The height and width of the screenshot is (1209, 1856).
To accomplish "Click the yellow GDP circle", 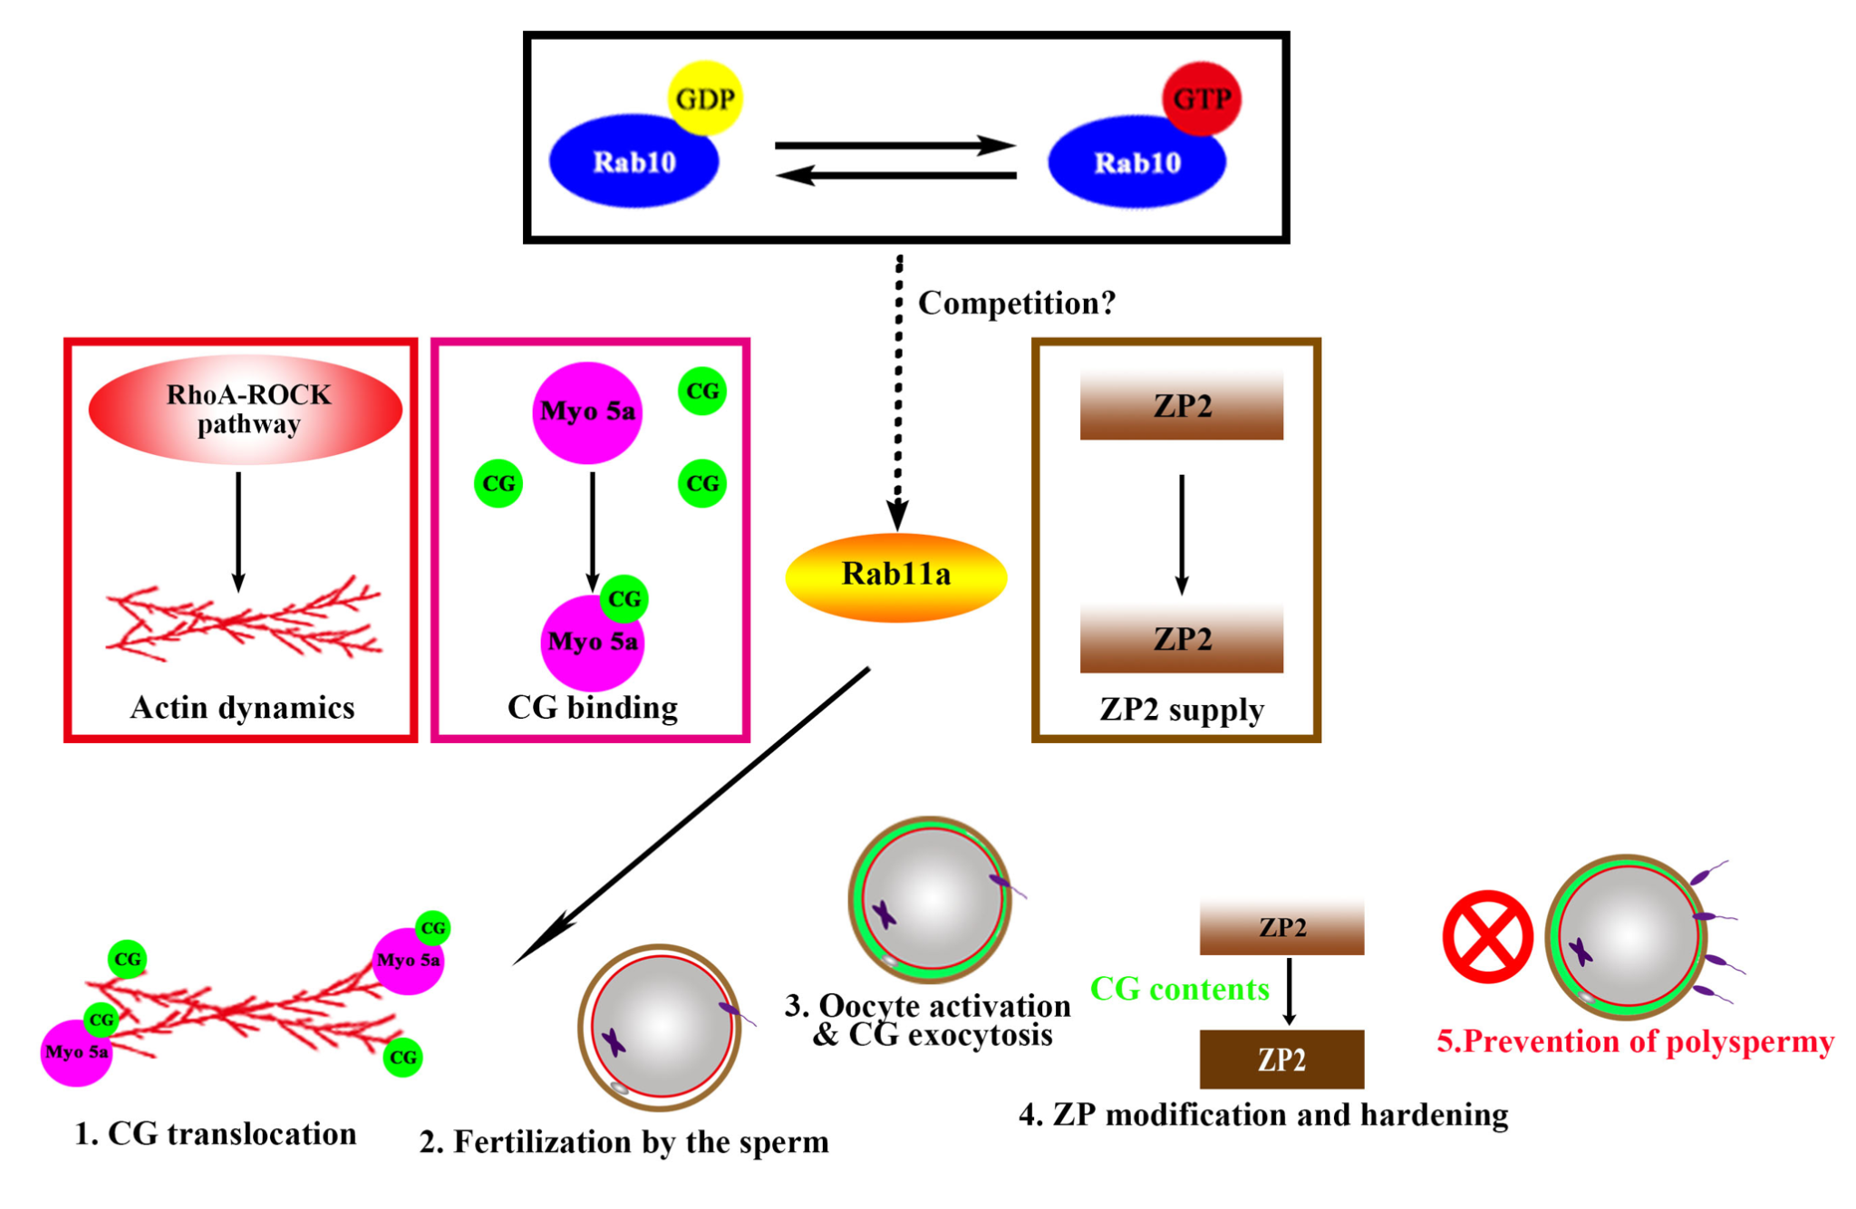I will pyautogui.click(x=705, y=98).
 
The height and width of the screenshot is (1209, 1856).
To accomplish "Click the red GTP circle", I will pyautogui.click(x=1202, y=98).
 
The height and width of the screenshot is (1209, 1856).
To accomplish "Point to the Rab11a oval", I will pyautogui.click(x=895, y=575).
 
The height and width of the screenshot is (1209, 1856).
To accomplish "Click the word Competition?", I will pyautogui.click(x=1017, y=303).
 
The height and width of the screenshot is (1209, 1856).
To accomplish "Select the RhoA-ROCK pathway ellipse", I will pyautogui.click(x=246, y=410).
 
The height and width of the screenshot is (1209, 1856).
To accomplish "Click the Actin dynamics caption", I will pyautogui.click(x=242, y=707).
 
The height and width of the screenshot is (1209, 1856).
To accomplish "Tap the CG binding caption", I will pyautogui.click(x=593, y=707).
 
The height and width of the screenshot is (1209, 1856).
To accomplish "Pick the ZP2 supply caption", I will pyautogui.click(x=1182, y=709).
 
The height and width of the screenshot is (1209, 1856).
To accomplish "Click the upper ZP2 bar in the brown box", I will pyautogui.click(x=1181, y=405).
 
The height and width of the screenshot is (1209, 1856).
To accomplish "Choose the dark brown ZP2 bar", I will pyautogui.click(x=1281, y=1059).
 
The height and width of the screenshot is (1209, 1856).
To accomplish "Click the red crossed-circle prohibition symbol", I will pyautogui.click(x=1487, y=936).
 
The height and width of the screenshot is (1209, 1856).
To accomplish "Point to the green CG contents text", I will pyautogui.click(x=1179, y=989).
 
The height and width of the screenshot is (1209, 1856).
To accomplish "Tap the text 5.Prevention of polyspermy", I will pyautogui.click(x=1635, y=1041).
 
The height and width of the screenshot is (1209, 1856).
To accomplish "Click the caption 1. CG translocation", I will pyautogui.click(x=216, y=1134).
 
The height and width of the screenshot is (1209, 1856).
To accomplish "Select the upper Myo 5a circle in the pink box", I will pyautogui.click(x=587, y=412).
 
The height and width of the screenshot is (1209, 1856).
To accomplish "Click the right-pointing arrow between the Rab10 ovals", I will pyautogui.click(x=894, y=145).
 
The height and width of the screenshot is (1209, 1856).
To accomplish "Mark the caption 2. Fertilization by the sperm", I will pyautogui.click(x=623, y=1142).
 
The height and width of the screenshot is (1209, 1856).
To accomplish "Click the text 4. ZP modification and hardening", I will pyautogui.click(x=1263, y=1115).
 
